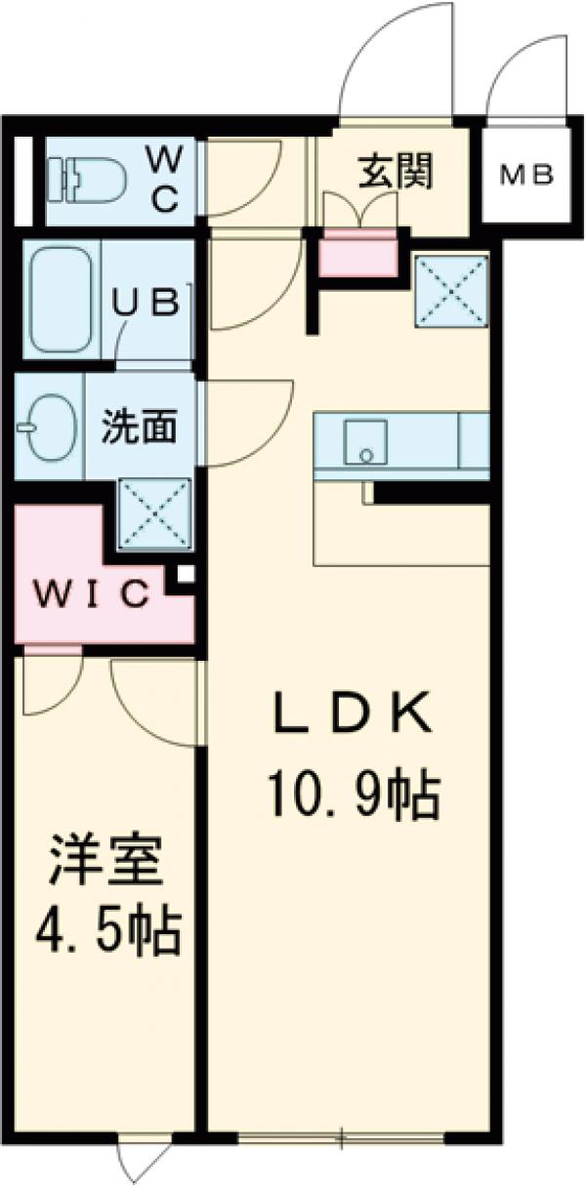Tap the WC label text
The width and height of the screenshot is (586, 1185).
(x=162, y=179)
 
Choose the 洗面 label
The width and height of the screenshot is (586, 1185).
(x=141, y=427)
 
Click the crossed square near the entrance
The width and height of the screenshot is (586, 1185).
(x=451, y=290)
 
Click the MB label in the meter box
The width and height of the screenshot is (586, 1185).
(x=527, y=176)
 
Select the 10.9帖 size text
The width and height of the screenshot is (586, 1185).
(x=351, y=796)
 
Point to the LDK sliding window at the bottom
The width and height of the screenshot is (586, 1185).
(x=342, y=1137)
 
